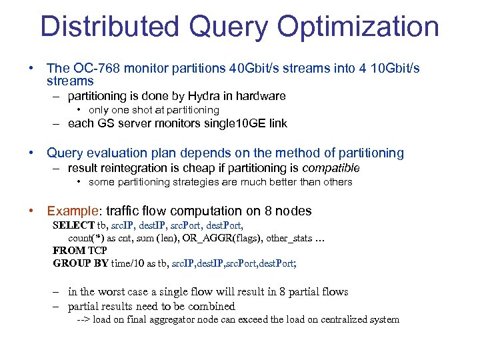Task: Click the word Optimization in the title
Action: click(357, 28)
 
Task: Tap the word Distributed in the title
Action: click(110, 28)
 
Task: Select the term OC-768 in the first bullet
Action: click(93, 69)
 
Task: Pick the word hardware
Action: click(259, 96)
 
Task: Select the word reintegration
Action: click(133, 168)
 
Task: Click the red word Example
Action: click(72, 211)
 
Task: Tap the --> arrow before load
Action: click(83, 320)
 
